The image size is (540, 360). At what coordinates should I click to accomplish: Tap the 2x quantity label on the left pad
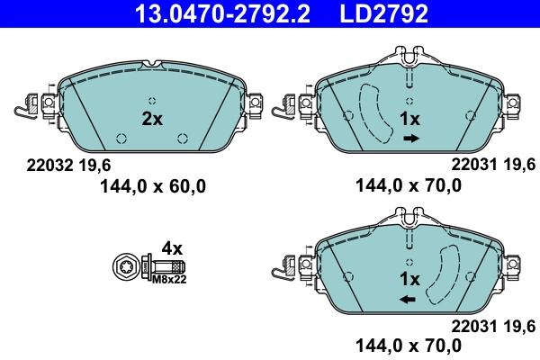click(152, 118)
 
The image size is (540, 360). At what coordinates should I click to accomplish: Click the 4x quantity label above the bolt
click(171, 247)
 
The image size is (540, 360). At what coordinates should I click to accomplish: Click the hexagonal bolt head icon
click(127, 267)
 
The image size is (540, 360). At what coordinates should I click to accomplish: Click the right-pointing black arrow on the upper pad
click(410, 139)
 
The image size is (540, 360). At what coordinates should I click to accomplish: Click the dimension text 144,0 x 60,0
click(152, 186)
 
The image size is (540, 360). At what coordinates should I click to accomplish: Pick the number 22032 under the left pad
click(40, 166)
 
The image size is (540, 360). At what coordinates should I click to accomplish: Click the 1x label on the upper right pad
click(409, 119)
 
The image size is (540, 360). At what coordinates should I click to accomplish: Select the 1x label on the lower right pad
click(409, 278)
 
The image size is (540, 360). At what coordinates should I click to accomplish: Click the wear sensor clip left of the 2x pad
click(25, 109)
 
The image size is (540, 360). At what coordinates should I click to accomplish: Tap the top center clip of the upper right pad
click(409, 59)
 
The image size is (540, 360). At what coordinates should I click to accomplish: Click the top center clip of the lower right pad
click(409, 217)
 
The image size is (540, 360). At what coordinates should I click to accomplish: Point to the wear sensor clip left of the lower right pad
click(283, 269)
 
